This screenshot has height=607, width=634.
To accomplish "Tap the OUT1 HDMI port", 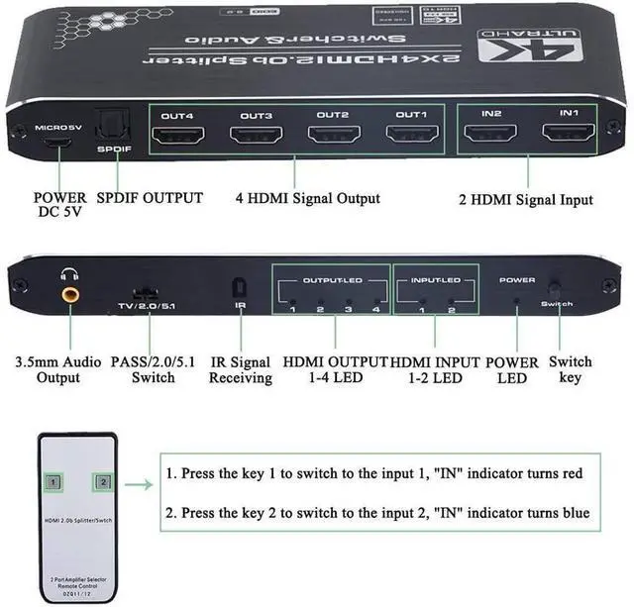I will [x=409, y=134].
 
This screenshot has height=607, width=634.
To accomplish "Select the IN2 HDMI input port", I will [x=492, y=134].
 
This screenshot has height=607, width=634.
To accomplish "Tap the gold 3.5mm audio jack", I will [x=72, y=294].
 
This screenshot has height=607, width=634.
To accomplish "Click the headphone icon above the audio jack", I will [x=69, y=276].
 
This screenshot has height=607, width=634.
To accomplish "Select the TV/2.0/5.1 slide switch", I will [x=147, y=294].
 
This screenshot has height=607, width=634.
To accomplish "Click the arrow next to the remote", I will [x=138, y=485].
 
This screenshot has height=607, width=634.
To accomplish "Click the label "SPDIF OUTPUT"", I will [x=150, y=198].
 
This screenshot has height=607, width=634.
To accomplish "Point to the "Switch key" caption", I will [x=572, y=369].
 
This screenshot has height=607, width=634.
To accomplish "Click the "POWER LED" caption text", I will [x=514, y=369].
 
